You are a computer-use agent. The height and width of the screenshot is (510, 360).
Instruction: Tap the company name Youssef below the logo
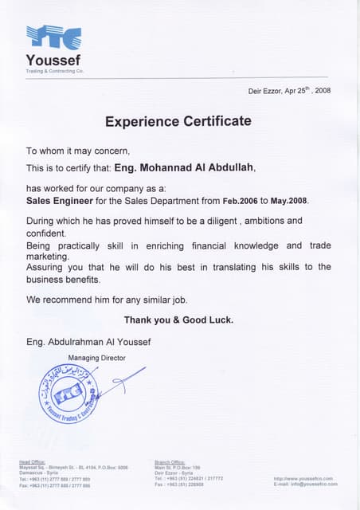click(53, 61)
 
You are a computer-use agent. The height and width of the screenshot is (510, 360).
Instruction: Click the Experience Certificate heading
click(178, 122)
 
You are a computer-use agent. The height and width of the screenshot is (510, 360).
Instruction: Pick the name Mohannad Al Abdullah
click(197, 168)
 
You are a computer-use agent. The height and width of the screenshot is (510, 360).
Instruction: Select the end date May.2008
click(288, 200)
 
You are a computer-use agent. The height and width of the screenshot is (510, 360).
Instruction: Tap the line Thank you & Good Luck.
click(178, 320)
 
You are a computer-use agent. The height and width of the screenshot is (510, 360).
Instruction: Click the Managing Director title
click(96, 358)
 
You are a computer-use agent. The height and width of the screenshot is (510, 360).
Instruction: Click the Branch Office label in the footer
click(168, 462)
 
